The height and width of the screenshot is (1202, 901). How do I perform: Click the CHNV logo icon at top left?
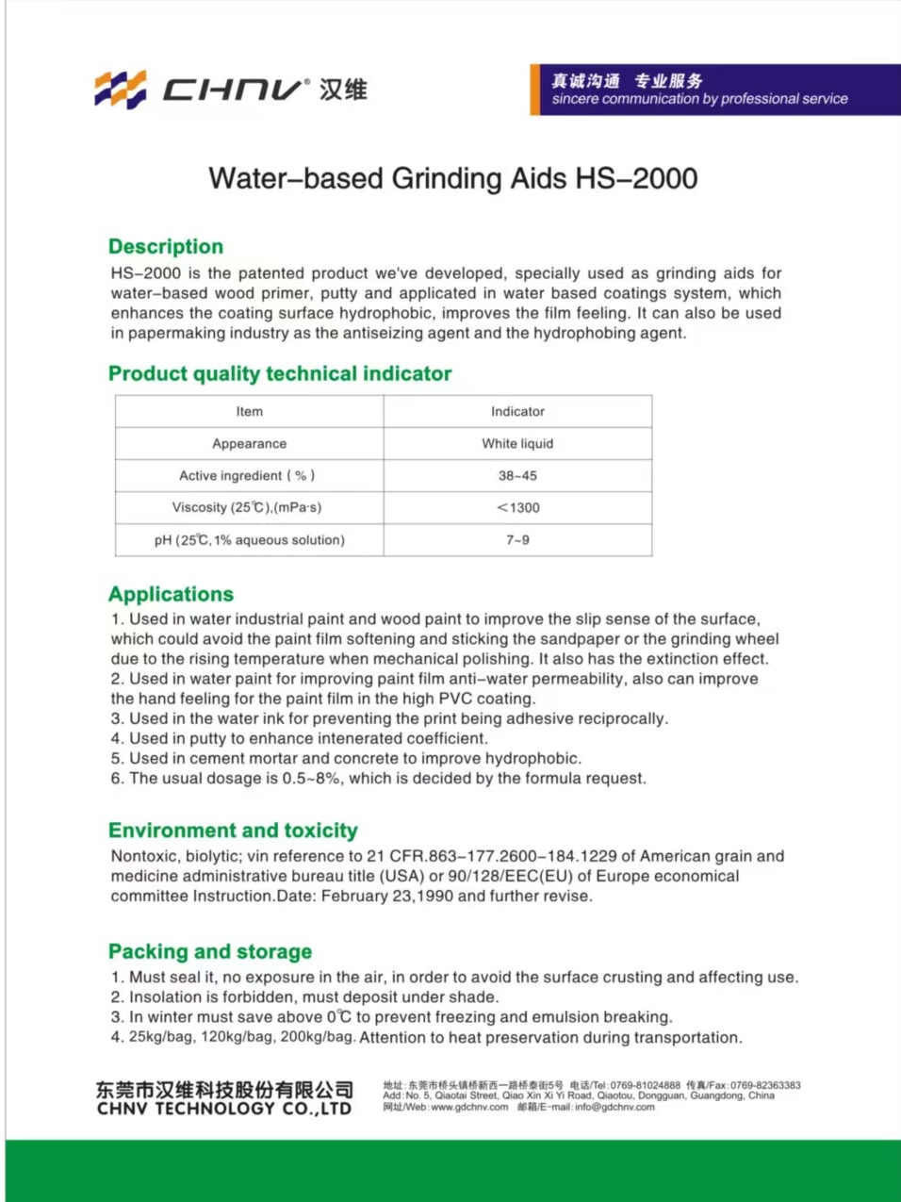pyautogui.click(x=121, y=90)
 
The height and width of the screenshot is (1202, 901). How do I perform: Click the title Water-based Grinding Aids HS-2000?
pyautogui.click(x=452, y=178)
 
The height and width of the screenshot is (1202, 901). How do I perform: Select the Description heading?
pyautogui.click(x=166, y=247)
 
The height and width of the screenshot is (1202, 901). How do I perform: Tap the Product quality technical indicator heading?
pyautogui.click(x=280, y=373)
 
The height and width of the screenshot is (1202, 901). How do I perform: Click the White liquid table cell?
pyautogui.click(x=517, y=443)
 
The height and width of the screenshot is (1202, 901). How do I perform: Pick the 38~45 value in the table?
pyautogui.click(x=517, y=476)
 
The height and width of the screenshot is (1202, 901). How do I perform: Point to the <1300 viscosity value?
pyautogui.click(x=517, y=507)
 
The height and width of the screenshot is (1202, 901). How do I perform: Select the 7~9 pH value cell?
pyautogui.click(x=517, y=540)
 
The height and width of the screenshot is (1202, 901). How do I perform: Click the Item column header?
pyautogui.click(x=249, y=411)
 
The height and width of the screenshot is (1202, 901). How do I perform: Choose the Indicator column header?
pyautogui.click(x=517, y=411)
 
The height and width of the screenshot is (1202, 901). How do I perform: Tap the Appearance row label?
pyautogui.click(x=249, y=443)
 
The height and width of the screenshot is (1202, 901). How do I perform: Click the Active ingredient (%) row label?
pyautogui.click(x=247, y=476)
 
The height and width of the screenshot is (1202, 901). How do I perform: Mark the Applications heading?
pyautogui.click(x=171, y=594)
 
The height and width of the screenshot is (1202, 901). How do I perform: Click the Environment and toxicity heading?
pyautogui.click(x=233, y=831)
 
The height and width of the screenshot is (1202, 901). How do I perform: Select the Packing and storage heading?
pyautogui.click(x=210, y=951)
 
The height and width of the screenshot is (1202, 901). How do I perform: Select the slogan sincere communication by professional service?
pyautogui.click(x=699, y=99)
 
